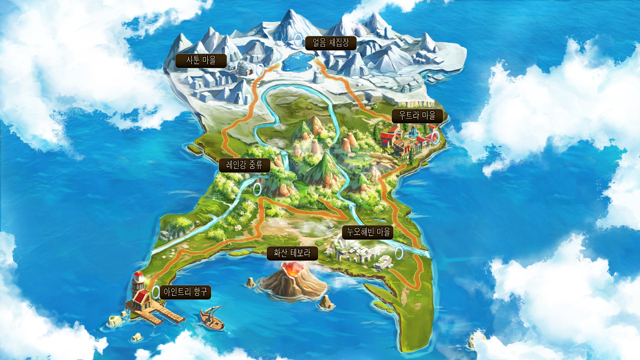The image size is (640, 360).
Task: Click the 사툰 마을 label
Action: point(201,61)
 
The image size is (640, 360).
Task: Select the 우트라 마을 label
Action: point(417,116)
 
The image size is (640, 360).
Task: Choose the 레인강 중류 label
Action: point(244,165)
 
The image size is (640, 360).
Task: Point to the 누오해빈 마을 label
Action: point(368,232)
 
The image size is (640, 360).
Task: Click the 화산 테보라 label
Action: point(292,253)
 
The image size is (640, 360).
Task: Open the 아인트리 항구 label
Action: point(185,292)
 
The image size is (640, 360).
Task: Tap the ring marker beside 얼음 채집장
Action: point(298,40)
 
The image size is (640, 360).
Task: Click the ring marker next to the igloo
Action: point(260,70)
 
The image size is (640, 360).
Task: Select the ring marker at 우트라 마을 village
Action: point(435,137)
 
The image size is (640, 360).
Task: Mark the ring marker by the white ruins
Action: point(399,253)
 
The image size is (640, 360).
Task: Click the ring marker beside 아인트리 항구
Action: point(156,292)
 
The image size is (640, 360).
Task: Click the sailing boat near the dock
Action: point(212,319)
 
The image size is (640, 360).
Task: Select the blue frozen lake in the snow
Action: point(297,62)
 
